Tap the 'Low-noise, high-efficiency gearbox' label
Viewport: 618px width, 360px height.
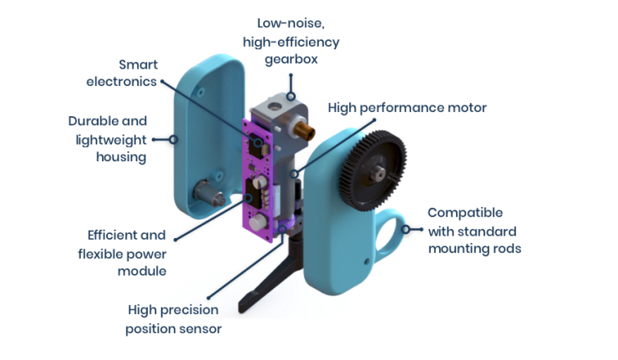click(291, 41)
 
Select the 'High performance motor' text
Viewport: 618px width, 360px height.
click(407, 108)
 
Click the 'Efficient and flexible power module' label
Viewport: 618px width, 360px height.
click(125, 253)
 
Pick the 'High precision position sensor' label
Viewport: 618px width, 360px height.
click(174, 319)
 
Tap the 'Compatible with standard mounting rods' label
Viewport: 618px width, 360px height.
click(474, 231)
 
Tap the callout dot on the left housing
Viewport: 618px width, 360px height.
click(174, 139)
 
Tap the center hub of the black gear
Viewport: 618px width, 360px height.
click(378, 173)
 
